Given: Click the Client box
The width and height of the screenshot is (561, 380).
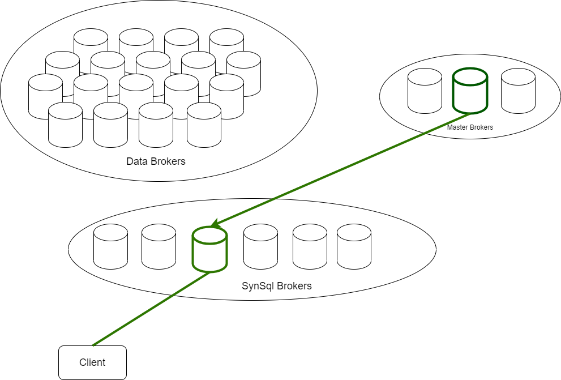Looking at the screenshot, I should (x=92, y=362).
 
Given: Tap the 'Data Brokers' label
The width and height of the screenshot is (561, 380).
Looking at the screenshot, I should (x=156, y=161).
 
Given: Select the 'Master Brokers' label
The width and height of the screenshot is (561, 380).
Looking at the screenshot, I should (x=470, y=127).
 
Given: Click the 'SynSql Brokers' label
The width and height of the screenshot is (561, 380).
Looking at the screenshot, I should (x=277, y=286).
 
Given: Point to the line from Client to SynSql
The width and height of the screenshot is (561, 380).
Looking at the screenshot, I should (x=150, y=309).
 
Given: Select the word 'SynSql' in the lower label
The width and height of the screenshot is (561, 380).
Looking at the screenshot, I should (x=258, y=286).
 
